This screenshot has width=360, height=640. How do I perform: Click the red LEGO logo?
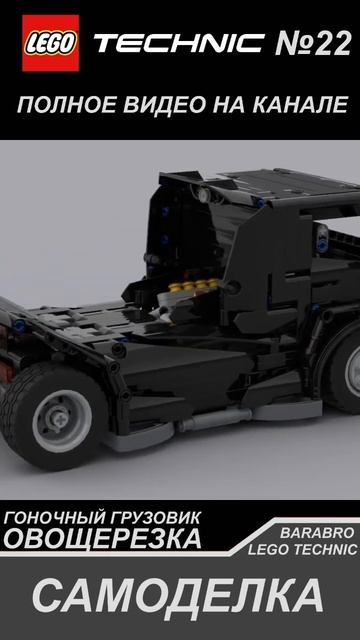(x=51, y=43)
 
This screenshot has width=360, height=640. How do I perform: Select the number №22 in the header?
(x=313, y=43)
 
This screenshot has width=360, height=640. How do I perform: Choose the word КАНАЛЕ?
(x=300, y=105)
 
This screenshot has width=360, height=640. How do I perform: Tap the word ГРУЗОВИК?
(x=154, y=518)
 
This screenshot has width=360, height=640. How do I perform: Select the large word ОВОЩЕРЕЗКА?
(x=102, y=539)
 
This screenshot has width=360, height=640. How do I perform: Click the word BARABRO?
(x=317, y=533)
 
